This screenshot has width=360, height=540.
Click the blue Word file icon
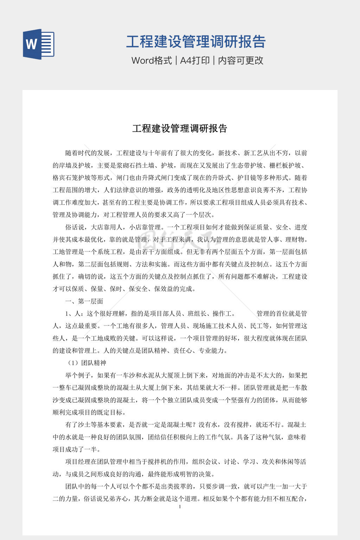(39, 44)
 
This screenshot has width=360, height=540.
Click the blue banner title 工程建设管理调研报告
(195, 41)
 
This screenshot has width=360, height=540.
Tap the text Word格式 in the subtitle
(152, 60)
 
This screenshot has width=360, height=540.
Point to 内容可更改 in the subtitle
(241, 60)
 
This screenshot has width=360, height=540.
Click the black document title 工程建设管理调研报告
(180, 128)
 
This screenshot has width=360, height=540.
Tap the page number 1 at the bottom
(180, 507)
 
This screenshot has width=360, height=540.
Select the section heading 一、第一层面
(84, 301)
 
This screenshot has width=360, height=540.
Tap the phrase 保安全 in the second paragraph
(138, 289)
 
